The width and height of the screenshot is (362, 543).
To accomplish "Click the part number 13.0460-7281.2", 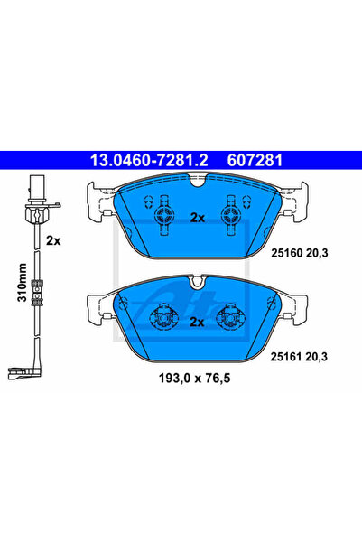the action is pos(149,160).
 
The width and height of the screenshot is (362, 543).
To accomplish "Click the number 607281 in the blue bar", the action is pos(255,160).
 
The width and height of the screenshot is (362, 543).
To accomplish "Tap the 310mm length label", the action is pos(23,282).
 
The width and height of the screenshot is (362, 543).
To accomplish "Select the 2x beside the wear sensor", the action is pos(53,240).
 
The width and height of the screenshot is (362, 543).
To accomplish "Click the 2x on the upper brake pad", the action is pos(198,218).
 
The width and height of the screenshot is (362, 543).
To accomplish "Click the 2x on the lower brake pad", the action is pos(197,322).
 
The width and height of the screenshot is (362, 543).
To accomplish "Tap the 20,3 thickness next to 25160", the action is pos(316,254).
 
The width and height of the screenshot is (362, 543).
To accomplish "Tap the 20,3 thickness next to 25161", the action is pos(316,357).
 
